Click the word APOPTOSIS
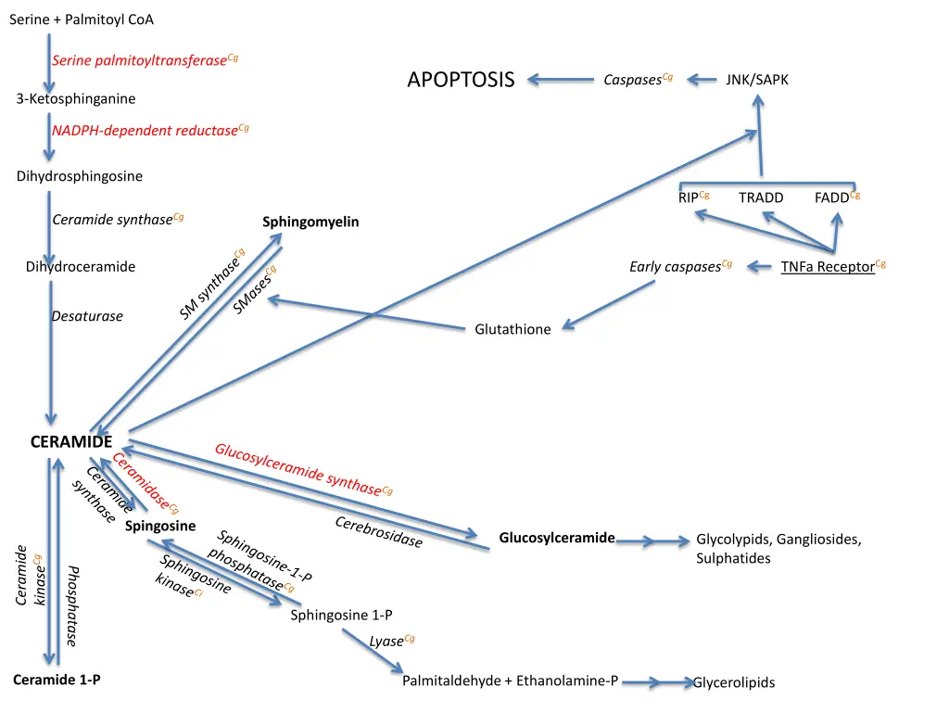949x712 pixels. (x=461, y=80)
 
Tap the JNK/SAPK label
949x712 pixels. (x=757, y=80)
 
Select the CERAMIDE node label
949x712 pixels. (x=71, y=442)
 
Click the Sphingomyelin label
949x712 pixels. (x=310, y=222)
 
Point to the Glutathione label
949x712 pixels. (x=512, y=329)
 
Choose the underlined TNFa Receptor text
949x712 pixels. (x=828, y=267)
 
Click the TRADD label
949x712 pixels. (x=761, y=197)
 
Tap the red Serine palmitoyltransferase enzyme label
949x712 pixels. (x=140, y=61)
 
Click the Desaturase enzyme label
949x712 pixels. (x=87, y=316)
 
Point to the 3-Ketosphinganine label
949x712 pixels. (x=76, y=99)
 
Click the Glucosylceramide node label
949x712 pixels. (x=557, y=538)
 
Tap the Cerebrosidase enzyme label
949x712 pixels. (x=378, y=532)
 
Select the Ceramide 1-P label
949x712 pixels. (x=57, y=680)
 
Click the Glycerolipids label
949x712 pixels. (x=734, y=682)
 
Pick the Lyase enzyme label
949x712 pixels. (x=387, y=641)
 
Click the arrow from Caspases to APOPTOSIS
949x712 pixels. (x=561, y=80)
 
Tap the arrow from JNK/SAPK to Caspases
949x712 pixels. (x=702, y=80)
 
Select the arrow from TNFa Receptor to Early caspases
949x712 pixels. (x=760, y=267)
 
